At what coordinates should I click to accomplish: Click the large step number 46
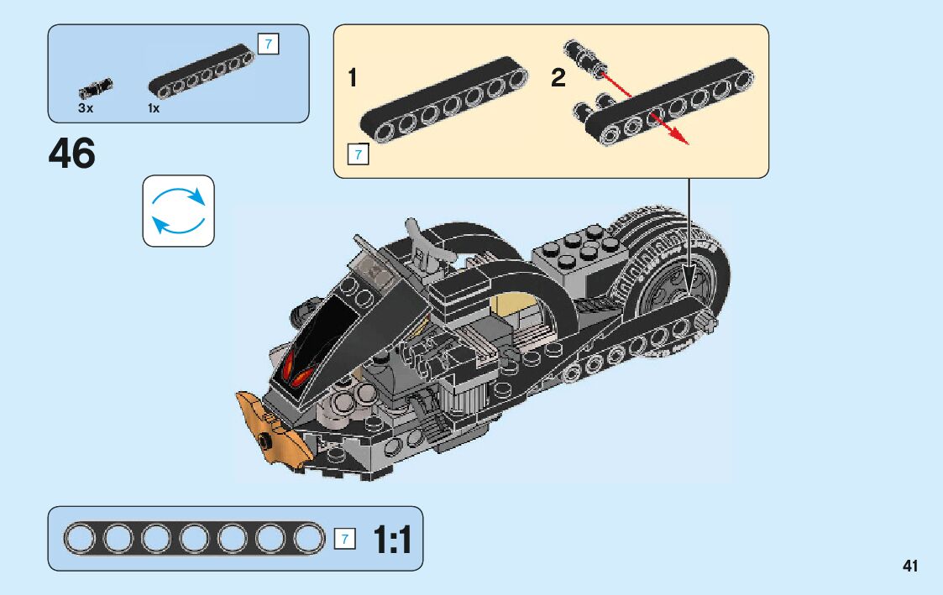72,154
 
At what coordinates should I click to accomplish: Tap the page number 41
910,566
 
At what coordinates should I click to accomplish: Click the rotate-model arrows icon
178,211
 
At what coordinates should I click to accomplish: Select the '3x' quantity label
86,108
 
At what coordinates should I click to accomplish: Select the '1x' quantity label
154,108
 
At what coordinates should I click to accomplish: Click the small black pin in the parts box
95,86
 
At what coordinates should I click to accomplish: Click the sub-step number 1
353,79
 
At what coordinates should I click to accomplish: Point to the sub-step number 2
558,79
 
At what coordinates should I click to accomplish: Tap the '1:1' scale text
392,540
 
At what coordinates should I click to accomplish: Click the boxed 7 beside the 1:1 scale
344,539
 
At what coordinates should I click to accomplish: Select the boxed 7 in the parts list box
267,44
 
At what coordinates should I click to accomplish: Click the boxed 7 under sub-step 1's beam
358,154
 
